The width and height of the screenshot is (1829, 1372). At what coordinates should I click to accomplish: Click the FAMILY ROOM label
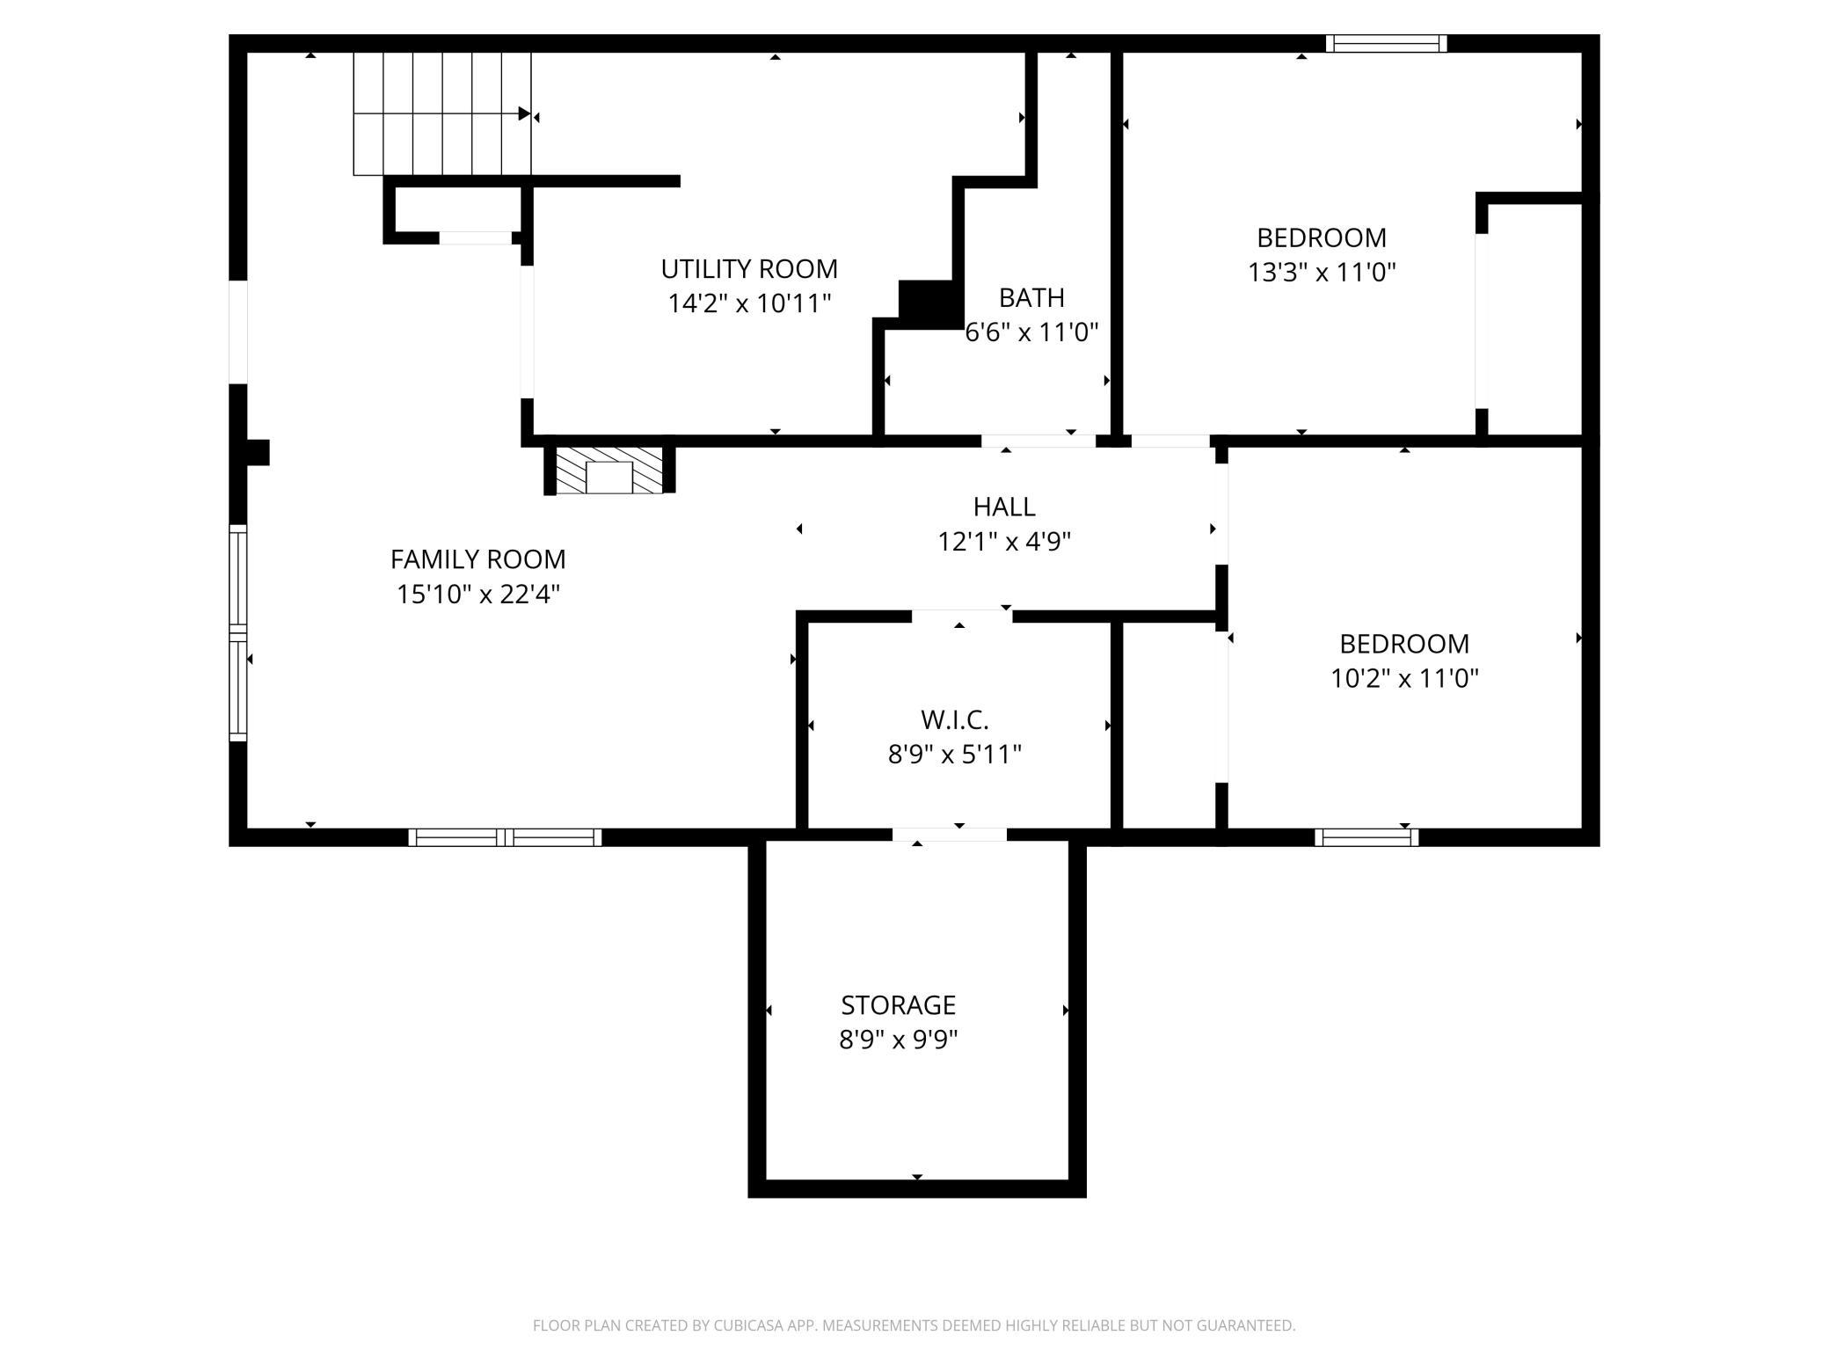(477, 559)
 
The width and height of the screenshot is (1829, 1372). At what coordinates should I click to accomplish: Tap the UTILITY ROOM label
(749, 268)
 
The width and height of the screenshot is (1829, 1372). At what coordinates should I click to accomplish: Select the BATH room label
(1031, 297)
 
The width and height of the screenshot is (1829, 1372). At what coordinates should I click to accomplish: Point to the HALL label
(1004, 507)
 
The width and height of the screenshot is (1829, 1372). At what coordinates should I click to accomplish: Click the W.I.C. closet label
(955, 719)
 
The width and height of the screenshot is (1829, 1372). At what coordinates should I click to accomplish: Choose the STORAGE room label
(898, 1004)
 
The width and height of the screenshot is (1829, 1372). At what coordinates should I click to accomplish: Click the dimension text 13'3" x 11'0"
(1322, 272)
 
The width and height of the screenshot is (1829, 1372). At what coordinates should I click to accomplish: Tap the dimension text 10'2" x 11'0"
(1404, 678)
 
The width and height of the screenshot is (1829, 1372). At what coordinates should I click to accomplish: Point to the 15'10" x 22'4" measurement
(477, 595)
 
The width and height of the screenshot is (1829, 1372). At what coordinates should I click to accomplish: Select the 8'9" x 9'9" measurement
(898, 1040)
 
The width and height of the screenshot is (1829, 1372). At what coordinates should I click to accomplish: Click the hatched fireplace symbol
(608, 470)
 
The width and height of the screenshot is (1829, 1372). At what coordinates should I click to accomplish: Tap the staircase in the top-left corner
(442, 113)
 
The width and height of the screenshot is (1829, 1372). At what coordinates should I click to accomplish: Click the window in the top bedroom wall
(1386, 43)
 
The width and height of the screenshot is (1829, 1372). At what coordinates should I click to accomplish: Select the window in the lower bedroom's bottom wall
(1366, 837)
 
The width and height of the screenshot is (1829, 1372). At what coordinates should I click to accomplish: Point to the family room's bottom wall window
(505, 837)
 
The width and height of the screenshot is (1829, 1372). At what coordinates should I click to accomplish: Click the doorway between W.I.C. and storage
(950, 835)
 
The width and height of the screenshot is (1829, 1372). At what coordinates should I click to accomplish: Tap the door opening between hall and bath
(1038, 441)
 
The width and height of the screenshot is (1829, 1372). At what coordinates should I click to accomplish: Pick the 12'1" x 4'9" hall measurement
(1004, 542)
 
